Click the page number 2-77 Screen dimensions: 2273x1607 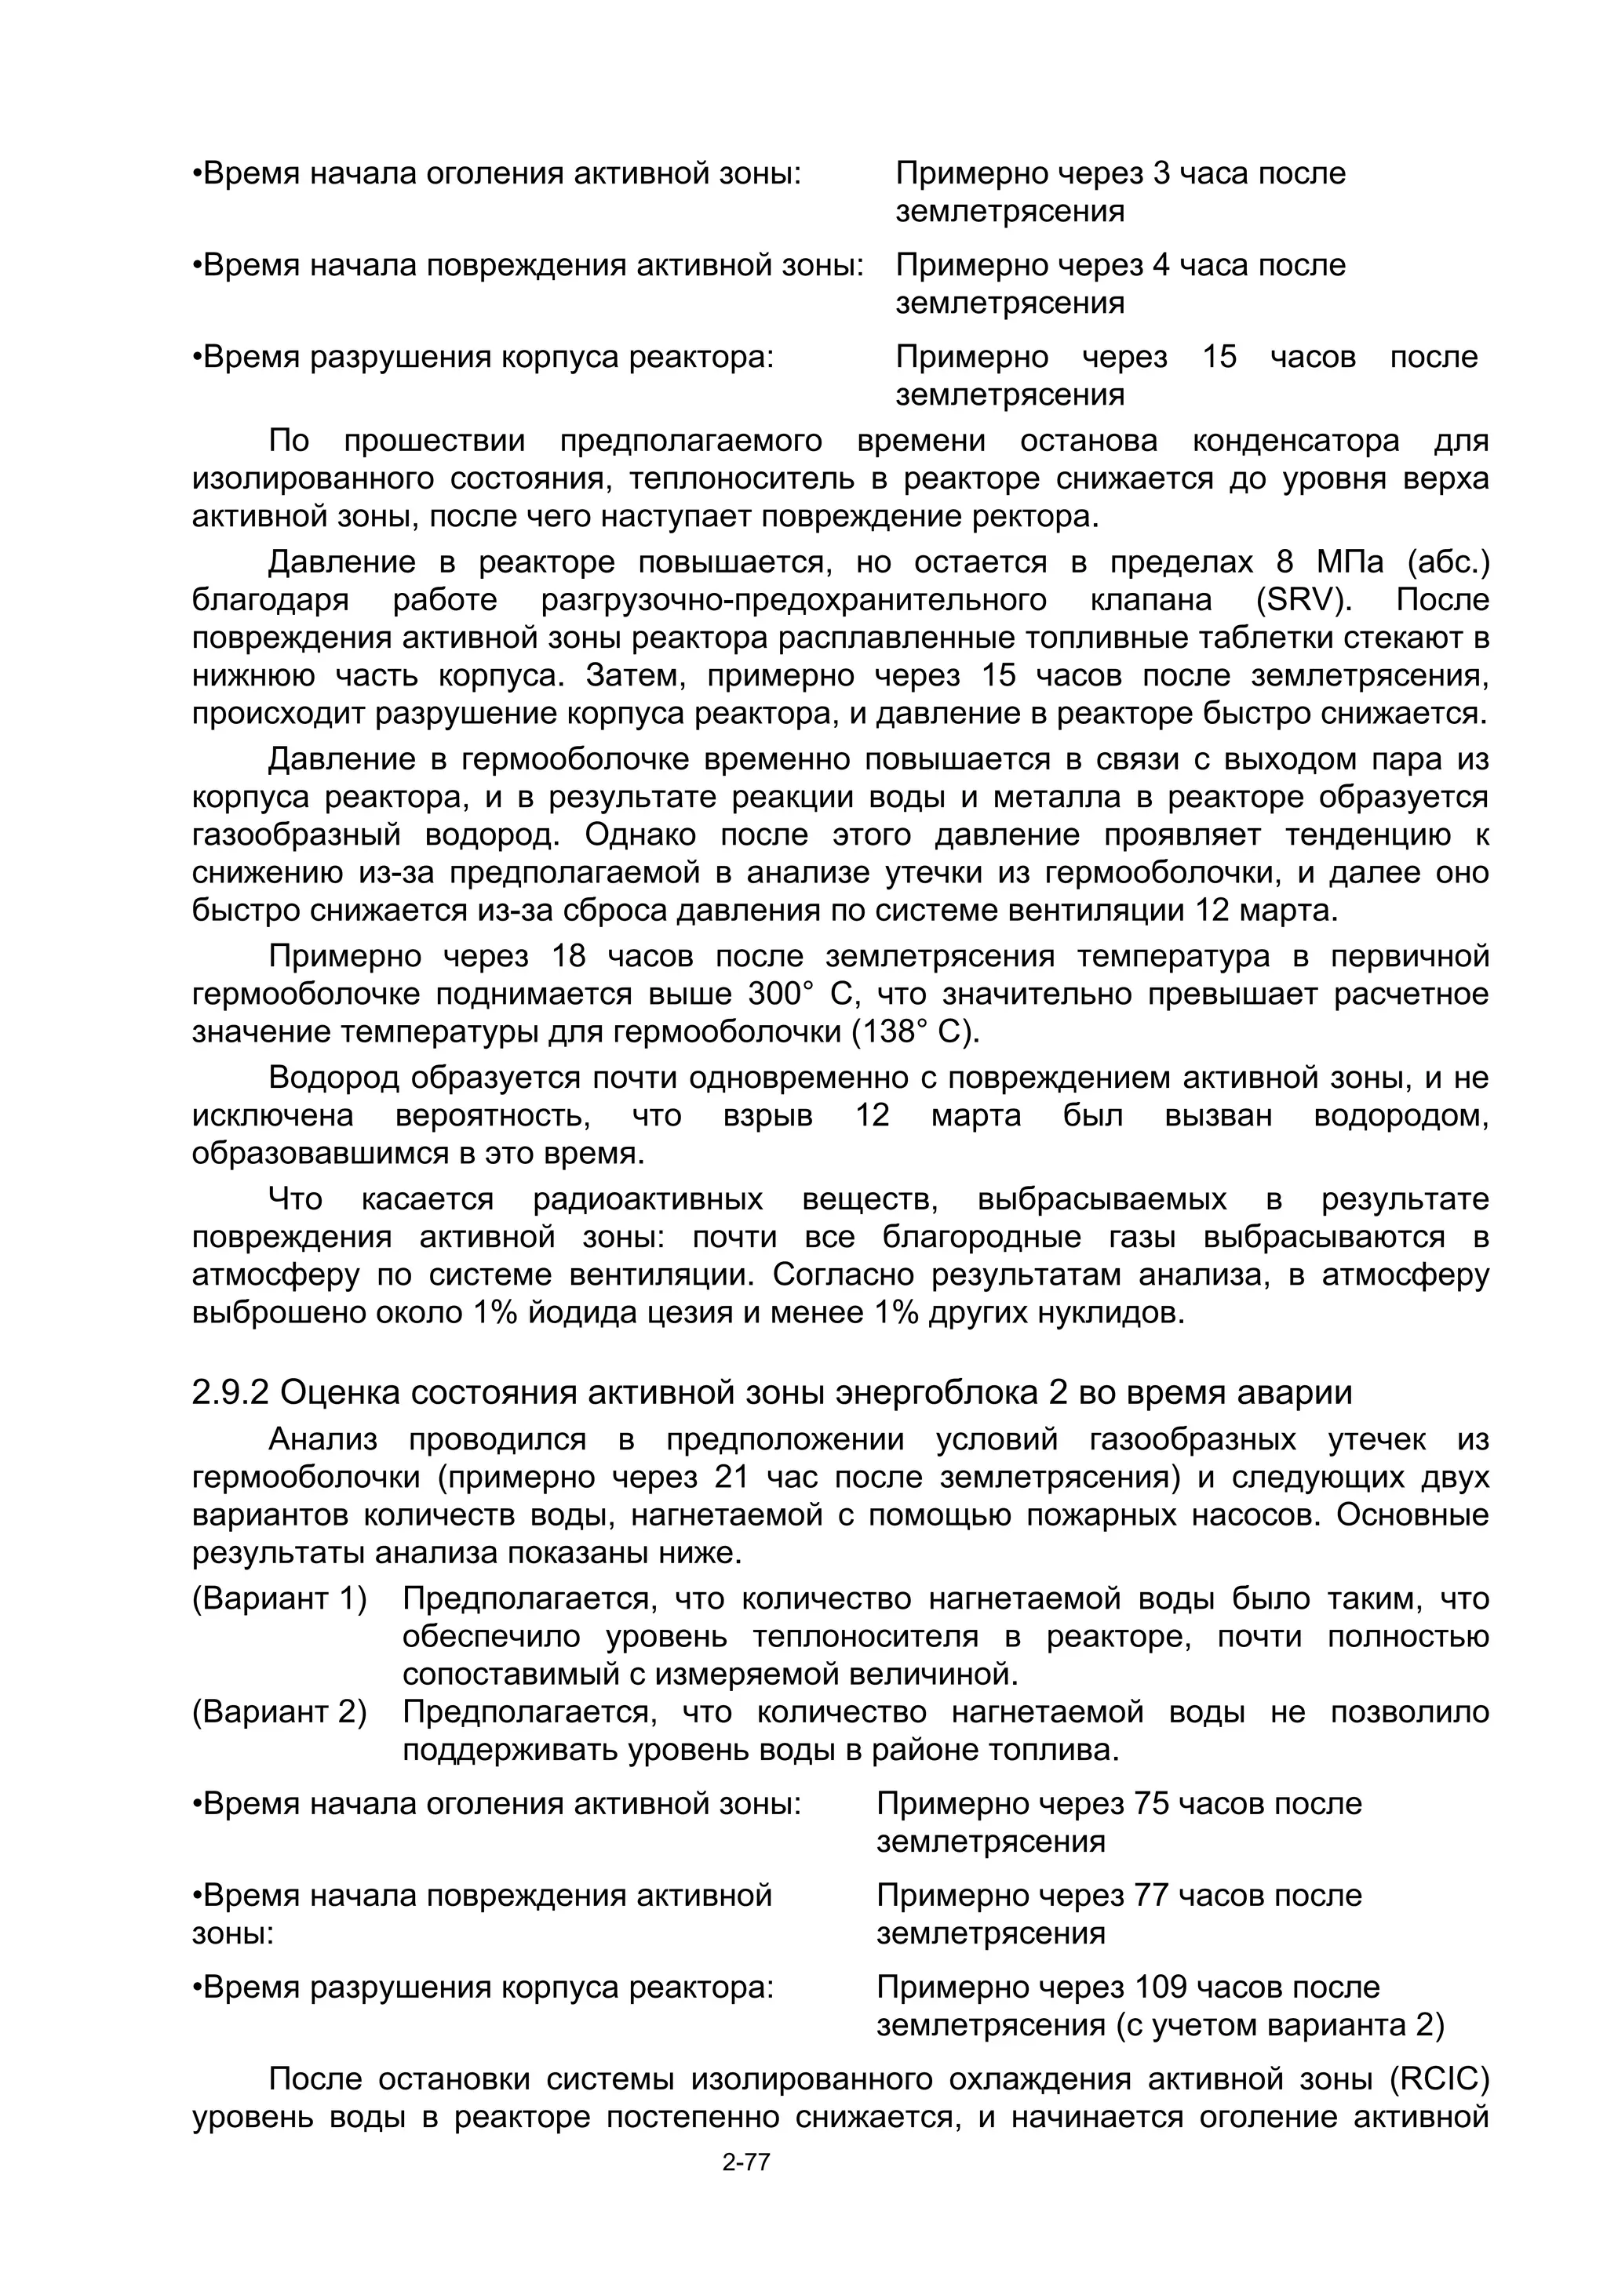(745, 2191)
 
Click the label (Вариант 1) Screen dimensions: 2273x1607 (279, 1598)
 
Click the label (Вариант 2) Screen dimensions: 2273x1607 (279, 1713)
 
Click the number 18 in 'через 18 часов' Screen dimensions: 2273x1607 (570, 956)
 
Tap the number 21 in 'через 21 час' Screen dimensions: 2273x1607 (734, 1478)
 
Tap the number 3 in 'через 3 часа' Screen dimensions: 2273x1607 (1162, 174)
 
